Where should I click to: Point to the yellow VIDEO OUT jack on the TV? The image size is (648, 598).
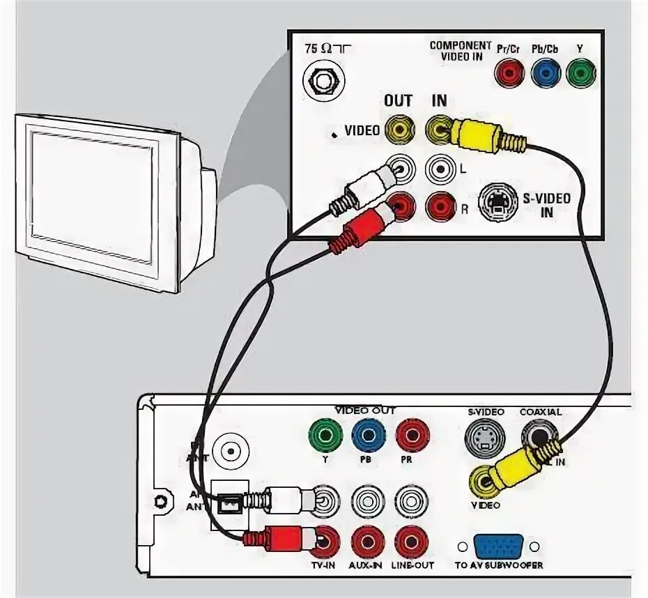(x=400, y=129)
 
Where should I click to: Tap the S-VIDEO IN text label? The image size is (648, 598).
(x=546, y=205)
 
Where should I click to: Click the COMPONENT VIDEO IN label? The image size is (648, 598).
(x=456, y=51)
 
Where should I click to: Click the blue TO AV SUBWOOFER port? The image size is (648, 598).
(x=500, y=546)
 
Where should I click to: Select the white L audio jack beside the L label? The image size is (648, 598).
(x=440, y=168)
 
